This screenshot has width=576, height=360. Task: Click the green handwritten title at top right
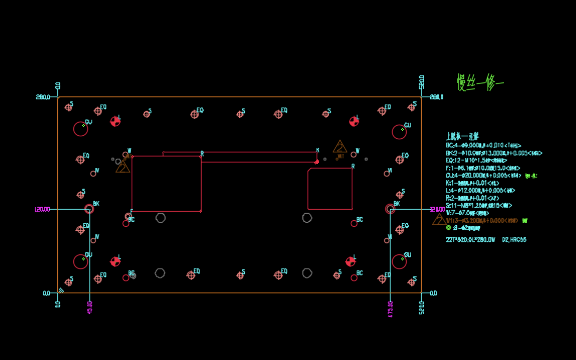click(480, 82)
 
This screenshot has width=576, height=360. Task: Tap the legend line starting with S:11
click(478, 206)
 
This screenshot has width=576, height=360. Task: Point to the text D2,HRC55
click(514, 240)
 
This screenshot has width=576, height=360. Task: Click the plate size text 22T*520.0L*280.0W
click(470, 240)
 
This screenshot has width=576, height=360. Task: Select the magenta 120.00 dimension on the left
click(43, 209)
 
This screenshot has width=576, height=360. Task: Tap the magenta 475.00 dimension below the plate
click(391, 309)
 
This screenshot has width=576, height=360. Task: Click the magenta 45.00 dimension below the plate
click(90, 307)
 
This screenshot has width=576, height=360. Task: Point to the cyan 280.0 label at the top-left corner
click(43, 97)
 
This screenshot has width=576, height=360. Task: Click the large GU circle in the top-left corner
click(80, 129)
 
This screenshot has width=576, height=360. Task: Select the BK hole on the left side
click(89, 209)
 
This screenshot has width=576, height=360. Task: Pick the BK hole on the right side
click(390, 209)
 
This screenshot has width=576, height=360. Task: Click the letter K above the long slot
click(318, 150)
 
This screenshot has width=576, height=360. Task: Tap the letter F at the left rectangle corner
click(132, 212)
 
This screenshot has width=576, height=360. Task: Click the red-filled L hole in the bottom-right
click(350, 261)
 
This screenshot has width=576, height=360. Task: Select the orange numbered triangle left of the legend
click(439, 220)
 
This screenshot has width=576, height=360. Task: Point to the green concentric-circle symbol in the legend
click(449, 228)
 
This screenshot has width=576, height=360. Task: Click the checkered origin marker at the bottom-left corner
click(61, 291)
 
